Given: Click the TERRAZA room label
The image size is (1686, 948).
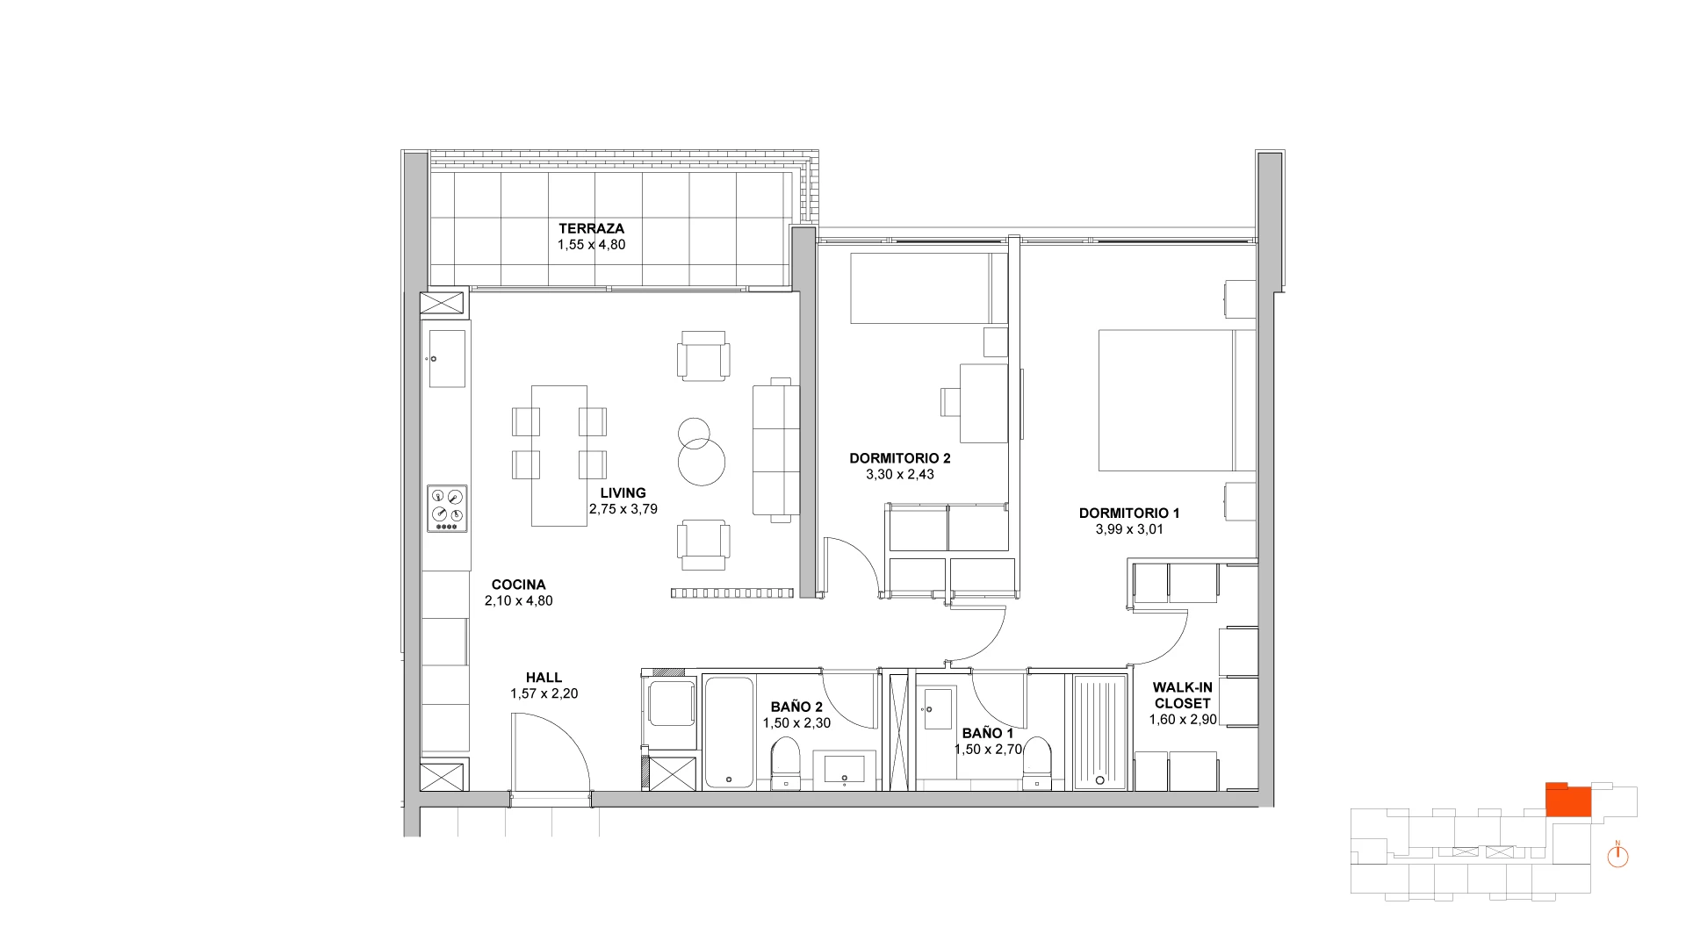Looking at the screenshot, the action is (591, 229).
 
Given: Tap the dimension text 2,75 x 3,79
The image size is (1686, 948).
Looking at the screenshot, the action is (623, 509).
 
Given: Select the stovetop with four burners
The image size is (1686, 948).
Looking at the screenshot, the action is (447, 509).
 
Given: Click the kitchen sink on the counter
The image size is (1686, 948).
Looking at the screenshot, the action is (447, 358).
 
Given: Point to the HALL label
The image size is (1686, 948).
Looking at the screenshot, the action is (544, 678).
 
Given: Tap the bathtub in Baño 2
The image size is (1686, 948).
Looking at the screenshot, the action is (728, 732).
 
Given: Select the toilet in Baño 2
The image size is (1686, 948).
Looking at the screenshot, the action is (785, 764).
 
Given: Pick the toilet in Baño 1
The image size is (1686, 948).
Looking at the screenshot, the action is (1037, 764).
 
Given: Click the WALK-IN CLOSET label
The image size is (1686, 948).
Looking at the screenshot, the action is (1182, 695).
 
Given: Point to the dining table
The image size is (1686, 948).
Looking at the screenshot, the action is (559, 456).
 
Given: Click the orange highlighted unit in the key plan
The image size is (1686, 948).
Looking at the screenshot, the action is (1568, 800).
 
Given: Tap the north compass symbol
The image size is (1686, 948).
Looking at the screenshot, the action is (1618, 856).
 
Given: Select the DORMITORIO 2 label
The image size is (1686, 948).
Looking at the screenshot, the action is (900, 458).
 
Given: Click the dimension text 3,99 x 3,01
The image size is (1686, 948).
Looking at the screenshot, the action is (1129, 529).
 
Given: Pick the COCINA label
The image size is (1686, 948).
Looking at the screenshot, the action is (518, 585).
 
